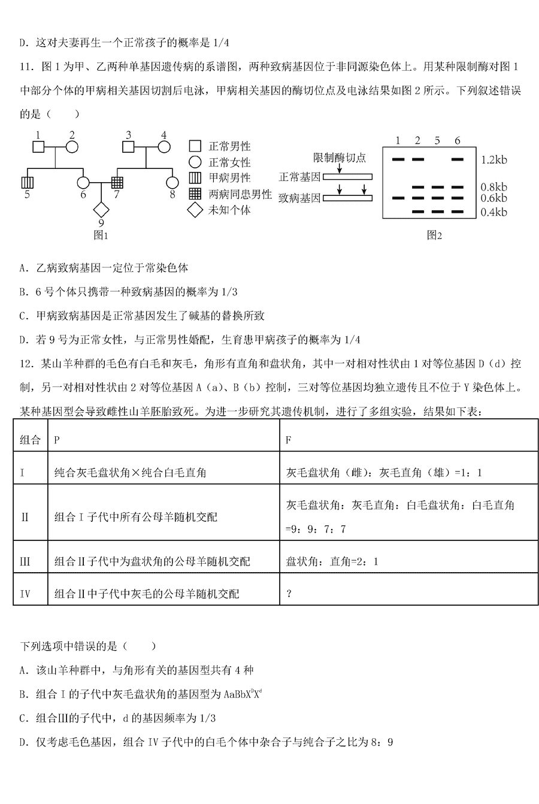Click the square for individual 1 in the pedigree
coord(38,146)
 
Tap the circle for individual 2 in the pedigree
coord(72,146)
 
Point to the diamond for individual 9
coord(100,210)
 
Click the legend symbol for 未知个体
coord(195,210)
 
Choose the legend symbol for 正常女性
coord(195,162)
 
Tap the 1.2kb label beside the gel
coord(494,160)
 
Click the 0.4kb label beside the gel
coord(494,211)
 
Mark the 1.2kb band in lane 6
coord(457,159)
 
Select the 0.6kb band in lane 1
coord(398,197)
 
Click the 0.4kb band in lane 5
coord(437,211)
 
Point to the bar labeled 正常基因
coord(347,177)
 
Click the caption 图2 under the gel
coord(434,235)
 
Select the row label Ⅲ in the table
coord(25,561)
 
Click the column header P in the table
coord(57,440)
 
